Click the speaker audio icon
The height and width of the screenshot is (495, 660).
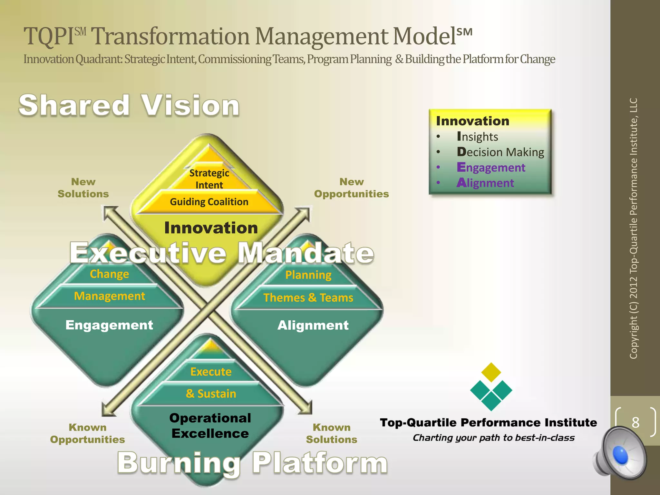[x=620, y=453]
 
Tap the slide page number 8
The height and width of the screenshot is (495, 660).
[x=635, y=422]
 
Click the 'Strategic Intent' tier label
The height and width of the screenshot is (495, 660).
[x=209, y=179]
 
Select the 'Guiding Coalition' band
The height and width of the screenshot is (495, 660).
[x=209, y=202]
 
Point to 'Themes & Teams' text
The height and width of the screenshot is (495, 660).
[x=308, y=297]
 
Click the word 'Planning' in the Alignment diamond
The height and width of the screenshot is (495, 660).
[x=308, y=275]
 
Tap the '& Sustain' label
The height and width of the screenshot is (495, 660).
[x=211, y=393]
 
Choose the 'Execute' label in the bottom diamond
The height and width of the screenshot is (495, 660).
[x=211, y=372]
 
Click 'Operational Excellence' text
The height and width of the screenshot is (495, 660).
[x=210, y=425]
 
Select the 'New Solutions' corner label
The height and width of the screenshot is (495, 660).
[x=83, y=188]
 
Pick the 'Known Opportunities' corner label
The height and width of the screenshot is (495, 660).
[x=87, y=433]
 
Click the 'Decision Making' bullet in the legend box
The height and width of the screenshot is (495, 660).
[x=500, y=152]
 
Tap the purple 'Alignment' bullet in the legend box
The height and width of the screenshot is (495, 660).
[x=485, y=183]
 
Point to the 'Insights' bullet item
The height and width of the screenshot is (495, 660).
[x=477, y=136]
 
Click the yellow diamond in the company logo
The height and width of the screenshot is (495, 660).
[x=491, y=372]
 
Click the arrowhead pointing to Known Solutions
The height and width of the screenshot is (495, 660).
[x=306, y=408]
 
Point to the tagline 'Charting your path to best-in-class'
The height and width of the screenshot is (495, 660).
[x=493, y=438]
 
